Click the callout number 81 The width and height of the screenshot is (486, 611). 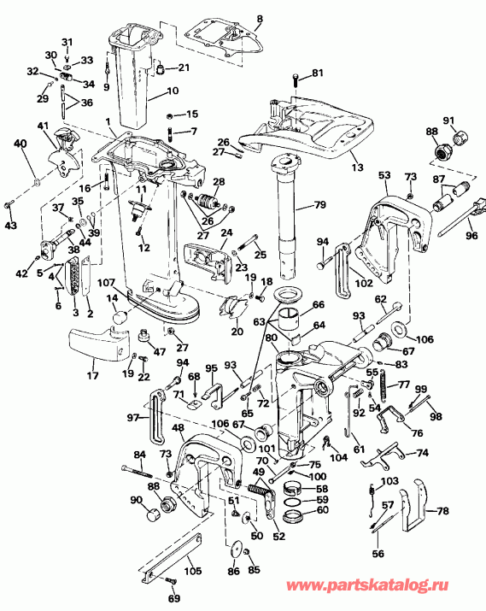318,73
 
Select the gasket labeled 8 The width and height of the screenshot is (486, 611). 224,39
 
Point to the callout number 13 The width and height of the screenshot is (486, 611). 357,167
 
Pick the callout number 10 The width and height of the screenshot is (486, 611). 173,91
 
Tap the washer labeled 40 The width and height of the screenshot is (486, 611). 37,181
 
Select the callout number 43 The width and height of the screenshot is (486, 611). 10,225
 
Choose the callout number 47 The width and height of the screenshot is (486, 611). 159,351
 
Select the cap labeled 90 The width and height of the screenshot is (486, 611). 153,515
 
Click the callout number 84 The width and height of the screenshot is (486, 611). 139,455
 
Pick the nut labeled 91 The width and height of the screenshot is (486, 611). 460,138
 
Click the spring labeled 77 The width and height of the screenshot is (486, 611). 384,385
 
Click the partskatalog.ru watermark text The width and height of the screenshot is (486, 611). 367,585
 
